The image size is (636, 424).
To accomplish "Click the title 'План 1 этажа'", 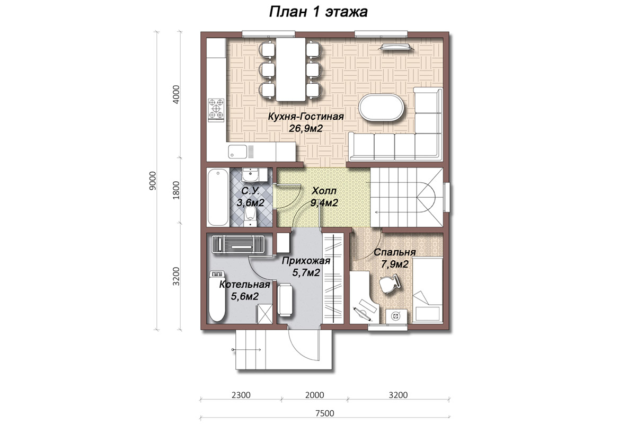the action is coord(319,12).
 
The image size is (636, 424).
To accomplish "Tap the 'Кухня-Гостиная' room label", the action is coord(306,117).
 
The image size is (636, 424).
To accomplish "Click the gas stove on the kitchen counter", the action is coord(216,109).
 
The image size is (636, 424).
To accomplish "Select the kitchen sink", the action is coord(237,152).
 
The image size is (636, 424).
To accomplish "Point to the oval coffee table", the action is coord(382,108).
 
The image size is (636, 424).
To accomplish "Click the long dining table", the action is coord(290,69).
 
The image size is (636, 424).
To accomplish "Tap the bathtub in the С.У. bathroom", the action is coord(218,197).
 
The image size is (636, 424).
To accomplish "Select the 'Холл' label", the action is coord(324,191).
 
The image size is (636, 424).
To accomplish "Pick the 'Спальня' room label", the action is coord(395,252).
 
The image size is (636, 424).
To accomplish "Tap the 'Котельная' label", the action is coord(244,284).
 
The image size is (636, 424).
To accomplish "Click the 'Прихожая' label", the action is coord(306,260).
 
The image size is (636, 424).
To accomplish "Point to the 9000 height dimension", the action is coord(153,181).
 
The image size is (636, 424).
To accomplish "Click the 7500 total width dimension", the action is coord(325,413).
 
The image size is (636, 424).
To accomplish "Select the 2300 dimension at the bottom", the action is coord(241,395).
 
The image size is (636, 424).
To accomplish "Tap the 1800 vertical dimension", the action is coord(176,190).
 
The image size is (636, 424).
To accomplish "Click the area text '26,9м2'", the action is coord(306,129).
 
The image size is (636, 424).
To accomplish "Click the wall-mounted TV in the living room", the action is coord(396,47).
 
